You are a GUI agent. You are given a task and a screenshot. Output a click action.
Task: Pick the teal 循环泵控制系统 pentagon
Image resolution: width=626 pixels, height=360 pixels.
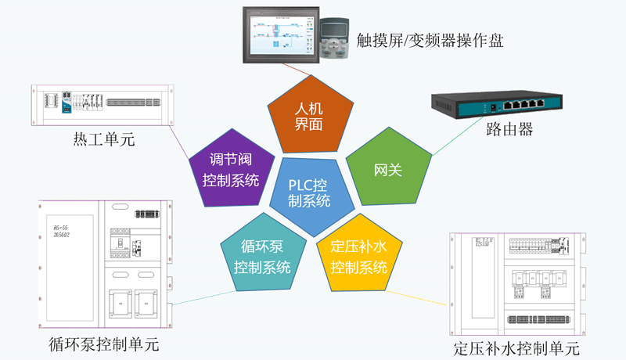pyautogui.click(x=262, y=256)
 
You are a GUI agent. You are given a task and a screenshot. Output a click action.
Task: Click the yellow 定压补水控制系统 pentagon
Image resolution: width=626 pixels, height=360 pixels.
pyautogui.click(x=358, y=256)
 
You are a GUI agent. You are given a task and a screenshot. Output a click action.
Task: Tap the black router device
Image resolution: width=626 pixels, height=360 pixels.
pyautogui.click(x=496, y=103)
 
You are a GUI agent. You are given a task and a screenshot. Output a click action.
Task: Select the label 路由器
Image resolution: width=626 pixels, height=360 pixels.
pyautogui.click(x=509, y=130)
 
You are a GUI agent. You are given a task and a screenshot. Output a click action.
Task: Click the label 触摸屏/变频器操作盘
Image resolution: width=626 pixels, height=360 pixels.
pyautogui.click(x=429, y=39)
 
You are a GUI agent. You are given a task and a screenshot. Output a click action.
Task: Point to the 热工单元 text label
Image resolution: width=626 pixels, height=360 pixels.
pyautogui.click(x=104, y=140)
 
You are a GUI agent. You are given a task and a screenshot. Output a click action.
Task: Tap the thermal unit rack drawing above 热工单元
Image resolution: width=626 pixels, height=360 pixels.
pyautogui.click(x=103, y=104)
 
